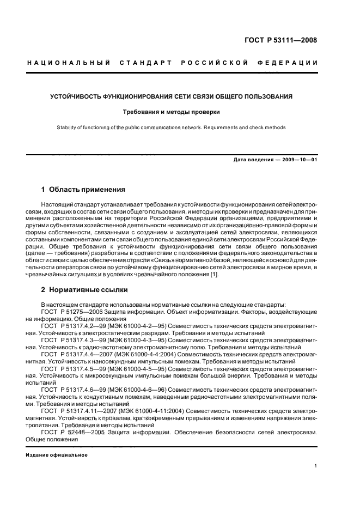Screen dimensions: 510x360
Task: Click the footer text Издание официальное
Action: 57,454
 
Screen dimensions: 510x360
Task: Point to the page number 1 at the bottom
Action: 316,466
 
